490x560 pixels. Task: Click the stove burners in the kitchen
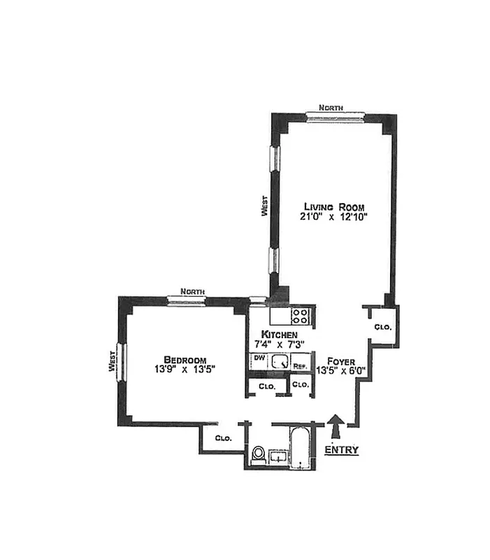[x=301, y=316]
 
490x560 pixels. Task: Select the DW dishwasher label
[x=258, y=358]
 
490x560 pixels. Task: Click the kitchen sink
[x=280, y=362]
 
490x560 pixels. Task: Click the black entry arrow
[x=336, y=425]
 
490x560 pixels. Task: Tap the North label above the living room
[x=330, y=108]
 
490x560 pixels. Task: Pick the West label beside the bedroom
[x=112, y=361]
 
